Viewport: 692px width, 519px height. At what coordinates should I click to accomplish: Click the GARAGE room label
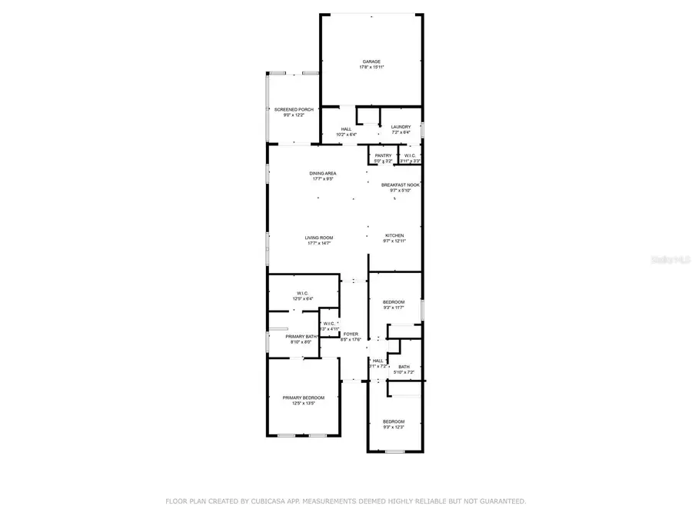[x=371, y=62]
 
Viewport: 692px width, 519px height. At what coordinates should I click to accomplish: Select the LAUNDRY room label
[x=401, y=127]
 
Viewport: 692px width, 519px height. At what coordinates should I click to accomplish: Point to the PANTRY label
[x=383, y=155]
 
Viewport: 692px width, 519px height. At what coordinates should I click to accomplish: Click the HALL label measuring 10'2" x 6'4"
[x=346, y=128]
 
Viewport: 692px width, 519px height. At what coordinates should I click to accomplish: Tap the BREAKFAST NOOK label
[x=401, y=185]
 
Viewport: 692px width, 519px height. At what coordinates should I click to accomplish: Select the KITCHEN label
[x=394, y=235]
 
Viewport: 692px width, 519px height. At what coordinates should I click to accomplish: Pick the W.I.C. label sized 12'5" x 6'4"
[x=302, y=293]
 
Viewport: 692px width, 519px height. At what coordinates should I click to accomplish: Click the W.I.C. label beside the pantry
[x=411, y=155]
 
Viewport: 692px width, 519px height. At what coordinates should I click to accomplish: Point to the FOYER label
[x=351, y=334]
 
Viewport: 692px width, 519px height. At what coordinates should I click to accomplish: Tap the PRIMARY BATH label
[x=301, y=336]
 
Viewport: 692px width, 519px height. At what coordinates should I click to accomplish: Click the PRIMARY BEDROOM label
[x=303, y=398]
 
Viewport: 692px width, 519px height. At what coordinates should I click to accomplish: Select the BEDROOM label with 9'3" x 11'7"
[x=394, y=302]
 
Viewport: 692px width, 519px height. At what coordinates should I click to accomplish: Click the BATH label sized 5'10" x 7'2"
[x=404, y=367]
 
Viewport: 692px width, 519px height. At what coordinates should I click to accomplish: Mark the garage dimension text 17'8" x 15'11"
[x=371, y=68]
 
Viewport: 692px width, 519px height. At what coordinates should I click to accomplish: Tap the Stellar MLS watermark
[x=670, y=260]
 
